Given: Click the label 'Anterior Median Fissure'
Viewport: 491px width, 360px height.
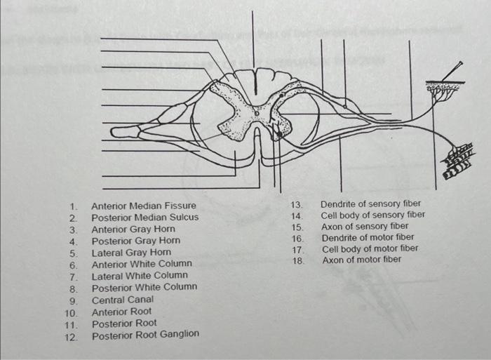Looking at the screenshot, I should [143, 206].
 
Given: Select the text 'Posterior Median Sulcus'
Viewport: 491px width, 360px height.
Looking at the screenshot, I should [144, 217].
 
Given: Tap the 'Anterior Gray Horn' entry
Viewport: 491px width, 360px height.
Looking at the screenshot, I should [133, 229].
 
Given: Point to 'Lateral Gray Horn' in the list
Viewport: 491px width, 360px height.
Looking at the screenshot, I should [130, 252].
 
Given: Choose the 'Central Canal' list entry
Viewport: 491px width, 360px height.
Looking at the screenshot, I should [122, 299].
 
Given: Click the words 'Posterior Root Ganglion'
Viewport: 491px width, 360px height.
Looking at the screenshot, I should [144, 334].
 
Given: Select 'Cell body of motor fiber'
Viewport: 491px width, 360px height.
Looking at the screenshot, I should [370, 248].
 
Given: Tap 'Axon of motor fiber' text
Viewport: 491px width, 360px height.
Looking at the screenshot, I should [361, 260].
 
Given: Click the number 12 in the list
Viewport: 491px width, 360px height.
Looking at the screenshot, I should [70, 335].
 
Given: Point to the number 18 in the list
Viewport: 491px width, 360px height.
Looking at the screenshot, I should [297, 260].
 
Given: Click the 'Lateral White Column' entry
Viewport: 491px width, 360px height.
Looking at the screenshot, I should [139, 276].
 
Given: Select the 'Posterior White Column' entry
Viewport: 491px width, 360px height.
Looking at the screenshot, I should [144, 287].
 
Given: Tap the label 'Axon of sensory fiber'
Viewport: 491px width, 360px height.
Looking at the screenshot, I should [364, 226].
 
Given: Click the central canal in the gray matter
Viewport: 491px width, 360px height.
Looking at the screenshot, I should [256, 112].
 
